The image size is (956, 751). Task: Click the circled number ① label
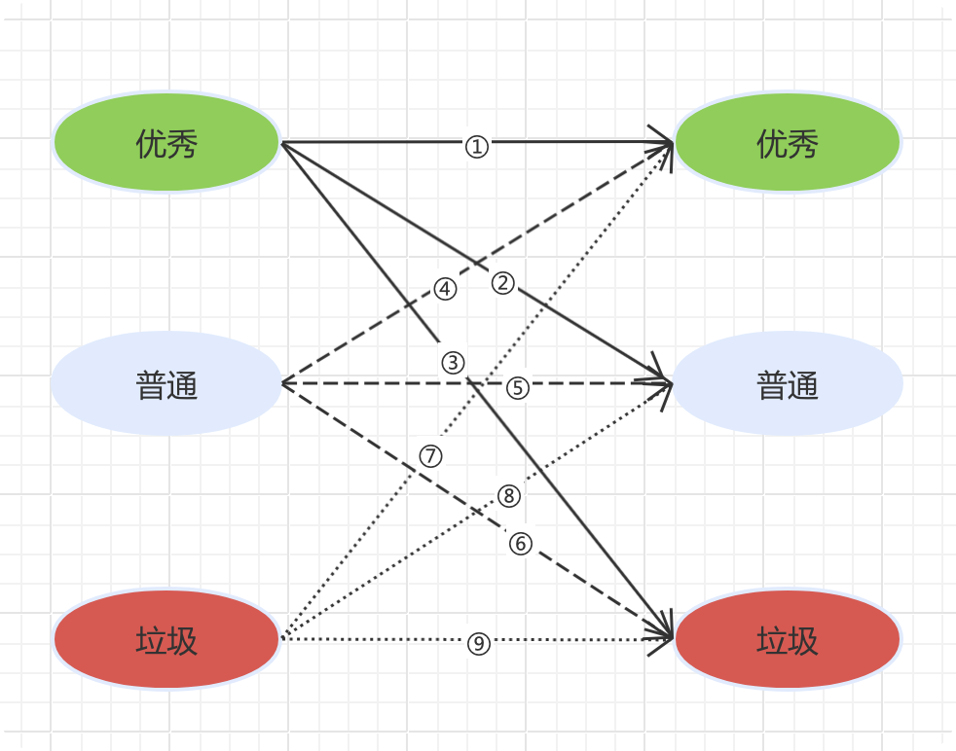click(476, 147)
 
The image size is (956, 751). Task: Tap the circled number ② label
click(502, 283)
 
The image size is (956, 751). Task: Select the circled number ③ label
click(453, 363)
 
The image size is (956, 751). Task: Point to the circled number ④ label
click(444, 289)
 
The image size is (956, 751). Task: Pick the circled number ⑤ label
click(517, 387)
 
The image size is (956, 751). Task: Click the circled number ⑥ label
click(521, 543)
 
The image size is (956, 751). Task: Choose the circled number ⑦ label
click(431, 455)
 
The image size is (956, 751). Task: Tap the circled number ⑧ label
click(509, 496)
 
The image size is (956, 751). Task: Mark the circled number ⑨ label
click(477, 642)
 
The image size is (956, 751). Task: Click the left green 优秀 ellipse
click(166, 143)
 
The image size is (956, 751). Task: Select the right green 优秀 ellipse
click(788, 143)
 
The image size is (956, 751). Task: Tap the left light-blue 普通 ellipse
click(166, 384)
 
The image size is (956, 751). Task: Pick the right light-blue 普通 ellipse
click(788, 384)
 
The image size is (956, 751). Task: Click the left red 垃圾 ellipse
click(166, 640)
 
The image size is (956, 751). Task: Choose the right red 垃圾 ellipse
click(788, 640)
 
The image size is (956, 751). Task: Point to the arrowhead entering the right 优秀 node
click(666, 144)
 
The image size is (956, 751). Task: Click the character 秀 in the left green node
click(183, 145)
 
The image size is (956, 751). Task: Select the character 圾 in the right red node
click(804, 642)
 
